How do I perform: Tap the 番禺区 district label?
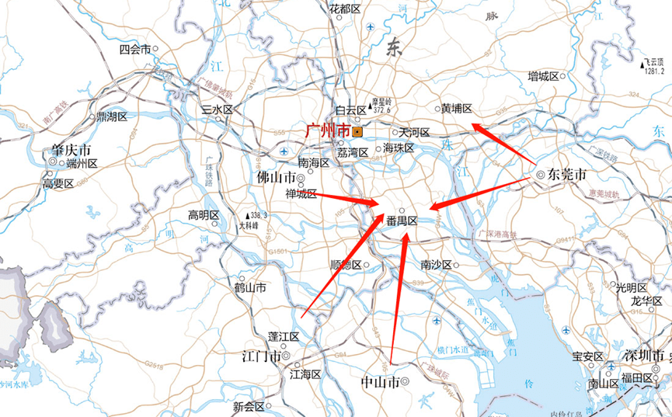(x=402, y=221)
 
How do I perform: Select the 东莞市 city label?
(x=566, y=175)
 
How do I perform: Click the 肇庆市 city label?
(x=71, y=149)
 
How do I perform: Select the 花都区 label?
(x=344, y=9)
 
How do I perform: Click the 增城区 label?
(x=544, y=75)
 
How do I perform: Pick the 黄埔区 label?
(x=456, y=109)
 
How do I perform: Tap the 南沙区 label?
(x=436, y=265)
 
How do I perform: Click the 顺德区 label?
(x=346, y=265)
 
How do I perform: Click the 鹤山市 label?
(x=250, y=287)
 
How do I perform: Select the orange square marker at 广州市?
(x=357, y=131)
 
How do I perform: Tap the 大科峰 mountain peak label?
(x=247, y=224)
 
